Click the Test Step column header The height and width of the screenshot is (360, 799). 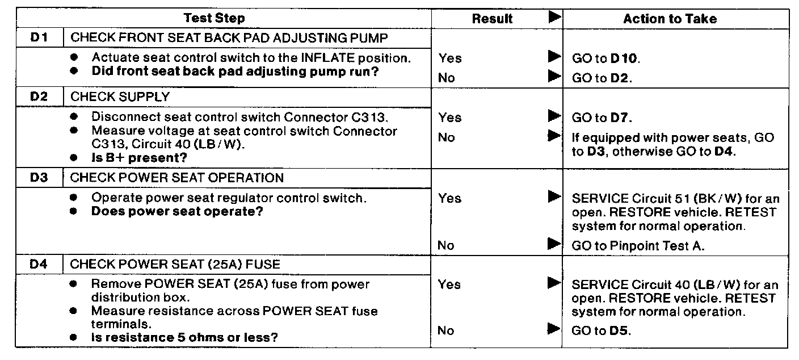[214, 18]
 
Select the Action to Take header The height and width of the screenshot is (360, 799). [670, 19]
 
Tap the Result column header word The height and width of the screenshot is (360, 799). [492, 19]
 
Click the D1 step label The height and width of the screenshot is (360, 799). [39, 38]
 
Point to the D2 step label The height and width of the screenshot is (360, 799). [39, 97]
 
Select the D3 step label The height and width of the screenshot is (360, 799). [39, 177]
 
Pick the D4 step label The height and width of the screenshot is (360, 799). [39, 264]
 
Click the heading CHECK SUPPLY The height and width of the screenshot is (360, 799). [120, 97]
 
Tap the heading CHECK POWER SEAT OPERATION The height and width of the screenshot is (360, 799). [176, 177]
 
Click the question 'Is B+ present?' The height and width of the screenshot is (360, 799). [139, 157]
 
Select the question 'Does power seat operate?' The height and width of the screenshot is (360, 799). [177, 211]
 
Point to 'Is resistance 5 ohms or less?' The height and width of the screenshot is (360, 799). [184, 337]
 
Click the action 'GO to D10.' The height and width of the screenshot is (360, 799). [606, 58]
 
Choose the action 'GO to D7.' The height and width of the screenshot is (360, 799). [602, 118]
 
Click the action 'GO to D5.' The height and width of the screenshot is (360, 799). [602, 330]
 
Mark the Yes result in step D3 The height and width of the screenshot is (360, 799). [449, 198]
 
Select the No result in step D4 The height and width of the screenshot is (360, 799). [447, 330]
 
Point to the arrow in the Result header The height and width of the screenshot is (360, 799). [554, 18]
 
